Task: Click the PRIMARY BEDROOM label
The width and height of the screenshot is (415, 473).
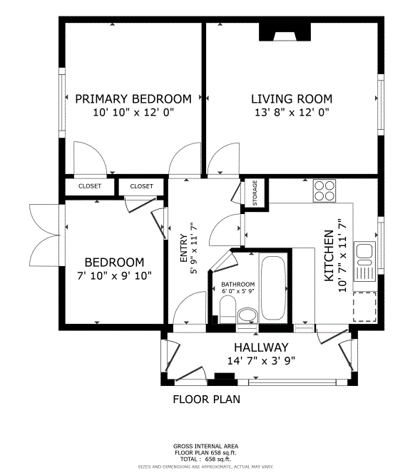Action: click(x=133, y=99)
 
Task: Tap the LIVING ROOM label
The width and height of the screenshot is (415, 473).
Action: click(x=292, y=99)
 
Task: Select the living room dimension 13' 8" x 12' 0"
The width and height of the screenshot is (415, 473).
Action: click(x=292, y=113)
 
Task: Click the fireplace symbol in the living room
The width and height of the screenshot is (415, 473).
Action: click(x=285, y=32)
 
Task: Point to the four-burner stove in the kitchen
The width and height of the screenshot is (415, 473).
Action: click(x=324, y=190)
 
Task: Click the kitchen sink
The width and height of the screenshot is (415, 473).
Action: click(x=364, y=261)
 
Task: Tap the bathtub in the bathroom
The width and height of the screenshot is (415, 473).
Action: click(x=273, y=288)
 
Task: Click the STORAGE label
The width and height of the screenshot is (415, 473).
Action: click(x=255, y=193)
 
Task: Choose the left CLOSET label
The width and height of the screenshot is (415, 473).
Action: click(x=90, y=186)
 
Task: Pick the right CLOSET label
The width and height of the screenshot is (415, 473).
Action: click(x=141, y=186)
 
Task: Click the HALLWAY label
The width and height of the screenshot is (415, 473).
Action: click(x=261, y=347)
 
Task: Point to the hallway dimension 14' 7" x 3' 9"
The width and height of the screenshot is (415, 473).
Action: click(x=261, y=360)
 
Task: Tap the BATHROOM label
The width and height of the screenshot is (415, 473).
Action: click(x=238, y=284)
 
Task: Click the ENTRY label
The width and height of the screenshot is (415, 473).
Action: click(x=184, y=248)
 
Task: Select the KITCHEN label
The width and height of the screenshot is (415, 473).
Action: click(x=329, y=256)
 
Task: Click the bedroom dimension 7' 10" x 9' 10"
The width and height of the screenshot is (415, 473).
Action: click(x=114, y=275)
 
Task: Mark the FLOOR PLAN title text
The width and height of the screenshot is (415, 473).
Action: click(x=207, y=400)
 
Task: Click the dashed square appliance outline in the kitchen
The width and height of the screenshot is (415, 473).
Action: click(x=364, y=307)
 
